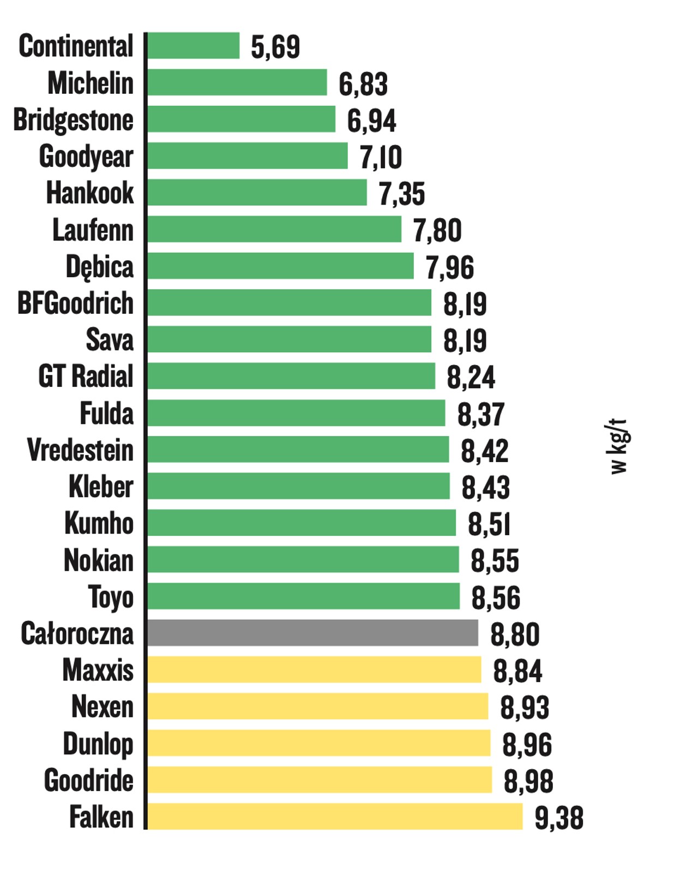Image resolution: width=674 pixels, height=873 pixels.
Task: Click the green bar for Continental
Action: tap(193, 45)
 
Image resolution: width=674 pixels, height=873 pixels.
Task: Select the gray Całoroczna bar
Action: tap(312, 633)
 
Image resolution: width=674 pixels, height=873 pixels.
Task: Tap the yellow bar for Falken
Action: tap(335, 816)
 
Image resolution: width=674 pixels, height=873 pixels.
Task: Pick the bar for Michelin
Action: tap(237, 82)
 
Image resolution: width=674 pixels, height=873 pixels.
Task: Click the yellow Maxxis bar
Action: tap(314, 669)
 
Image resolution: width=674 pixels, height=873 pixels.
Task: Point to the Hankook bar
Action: tap(257, 193)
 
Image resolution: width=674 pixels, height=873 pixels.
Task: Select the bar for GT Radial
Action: tap(291, 376)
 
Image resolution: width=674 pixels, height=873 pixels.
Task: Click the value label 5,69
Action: tap(275, 47)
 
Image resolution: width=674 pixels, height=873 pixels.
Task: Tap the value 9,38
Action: tap(559, 818)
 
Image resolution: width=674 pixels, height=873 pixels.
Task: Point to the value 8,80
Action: tap(515, 635)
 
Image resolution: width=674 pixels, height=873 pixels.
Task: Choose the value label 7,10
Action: tap(381, 157)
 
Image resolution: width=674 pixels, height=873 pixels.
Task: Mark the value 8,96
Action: tap(527, 745)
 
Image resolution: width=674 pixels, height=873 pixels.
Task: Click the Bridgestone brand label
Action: tap(74, 120)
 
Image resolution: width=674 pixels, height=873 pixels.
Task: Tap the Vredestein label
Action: tap(80, 450)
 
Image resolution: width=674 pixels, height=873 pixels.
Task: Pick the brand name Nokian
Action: tap(99, 560)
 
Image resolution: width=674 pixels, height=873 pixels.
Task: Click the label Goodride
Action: tap(89, 780)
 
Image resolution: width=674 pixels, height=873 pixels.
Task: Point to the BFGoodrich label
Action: tap(76, 303)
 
